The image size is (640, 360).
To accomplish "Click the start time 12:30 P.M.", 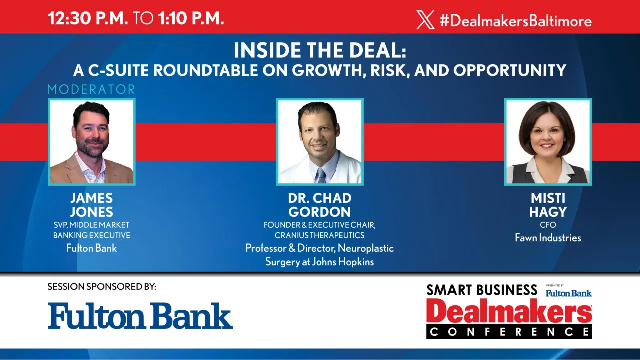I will [x=88, y=19].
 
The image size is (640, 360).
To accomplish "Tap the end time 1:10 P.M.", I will [x=190, y=19].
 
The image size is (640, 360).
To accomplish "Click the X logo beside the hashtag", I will [x=425, y=20].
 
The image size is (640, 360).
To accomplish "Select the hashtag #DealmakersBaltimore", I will [x=515, y=21].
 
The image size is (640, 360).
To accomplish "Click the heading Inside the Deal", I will [x=320, y=50].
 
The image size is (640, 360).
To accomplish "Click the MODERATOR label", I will [x=91, y=90].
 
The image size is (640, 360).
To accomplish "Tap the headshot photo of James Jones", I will [x=91, y=142].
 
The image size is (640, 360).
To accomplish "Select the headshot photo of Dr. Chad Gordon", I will [x=320, y=142].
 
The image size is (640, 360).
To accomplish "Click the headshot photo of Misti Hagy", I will [x=548, y=142].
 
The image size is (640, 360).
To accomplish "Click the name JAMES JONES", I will [x=91, y=205].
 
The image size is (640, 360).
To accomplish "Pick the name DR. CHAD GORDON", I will [x=320, y=205].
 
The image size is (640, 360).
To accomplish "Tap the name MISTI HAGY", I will [x=548, y=205].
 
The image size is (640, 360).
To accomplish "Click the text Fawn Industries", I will [x=548, y=238].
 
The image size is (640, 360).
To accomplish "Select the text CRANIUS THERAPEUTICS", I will [x=320, y=235].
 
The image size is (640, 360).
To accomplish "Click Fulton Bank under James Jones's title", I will [x=91, y=248].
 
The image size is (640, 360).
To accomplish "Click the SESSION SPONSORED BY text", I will [x=102, y=287].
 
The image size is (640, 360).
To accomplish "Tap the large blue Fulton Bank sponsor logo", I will [x=140, y=316].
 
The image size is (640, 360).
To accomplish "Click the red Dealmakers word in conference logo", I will [x=509, y=312].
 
